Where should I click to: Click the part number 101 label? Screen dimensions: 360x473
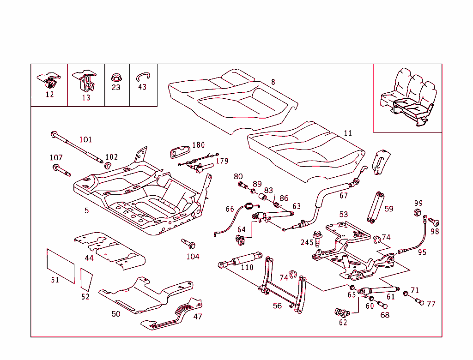tap(85, 139)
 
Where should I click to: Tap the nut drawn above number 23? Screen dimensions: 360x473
tap(115, 77)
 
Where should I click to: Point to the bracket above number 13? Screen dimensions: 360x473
tap(86, 81)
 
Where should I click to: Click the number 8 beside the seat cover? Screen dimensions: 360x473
tap(273, 82)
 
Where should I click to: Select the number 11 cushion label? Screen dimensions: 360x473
tap(348, 133)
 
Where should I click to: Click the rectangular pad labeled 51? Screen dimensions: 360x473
tap(61, 265)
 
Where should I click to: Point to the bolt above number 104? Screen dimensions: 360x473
tap(189, 243)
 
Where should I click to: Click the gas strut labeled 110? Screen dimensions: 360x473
tap(240, 259)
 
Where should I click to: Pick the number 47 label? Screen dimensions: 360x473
tap(197, 317)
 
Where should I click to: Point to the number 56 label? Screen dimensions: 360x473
tap(277, 306)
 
